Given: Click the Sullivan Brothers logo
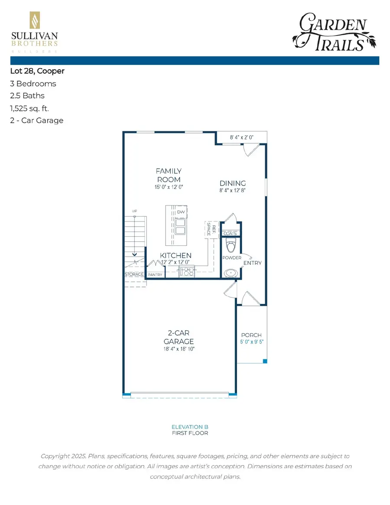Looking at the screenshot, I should tap(34, 32).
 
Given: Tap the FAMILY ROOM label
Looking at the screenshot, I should tap(169, 175).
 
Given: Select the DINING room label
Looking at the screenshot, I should tap(233, 183).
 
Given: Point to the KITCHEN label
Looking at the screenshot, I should tap(175, 255).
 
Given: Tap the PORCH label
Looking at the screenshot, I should tap(251, 335).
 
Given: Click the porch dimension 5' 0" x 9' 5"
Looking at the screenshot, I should tap(251, 342).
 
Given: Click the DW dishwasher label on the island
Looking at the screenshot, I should tap(180, 212).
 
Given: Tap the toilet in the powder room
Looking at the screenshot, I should tap(231, 246).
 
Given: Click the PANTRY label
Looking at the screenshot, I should tap(155, 275).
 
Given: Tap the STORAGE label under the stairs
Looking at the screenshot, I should tap(134, 274).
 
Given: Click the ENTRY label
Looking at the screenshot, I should tap(252, 263).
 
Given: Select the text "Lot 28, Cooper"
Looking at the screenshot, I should tap(37, 71).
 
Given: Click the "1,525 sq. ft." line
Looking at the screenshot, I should tap(29, 108).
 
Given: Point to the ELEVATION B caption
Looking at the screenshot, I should tap(190, 427).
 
